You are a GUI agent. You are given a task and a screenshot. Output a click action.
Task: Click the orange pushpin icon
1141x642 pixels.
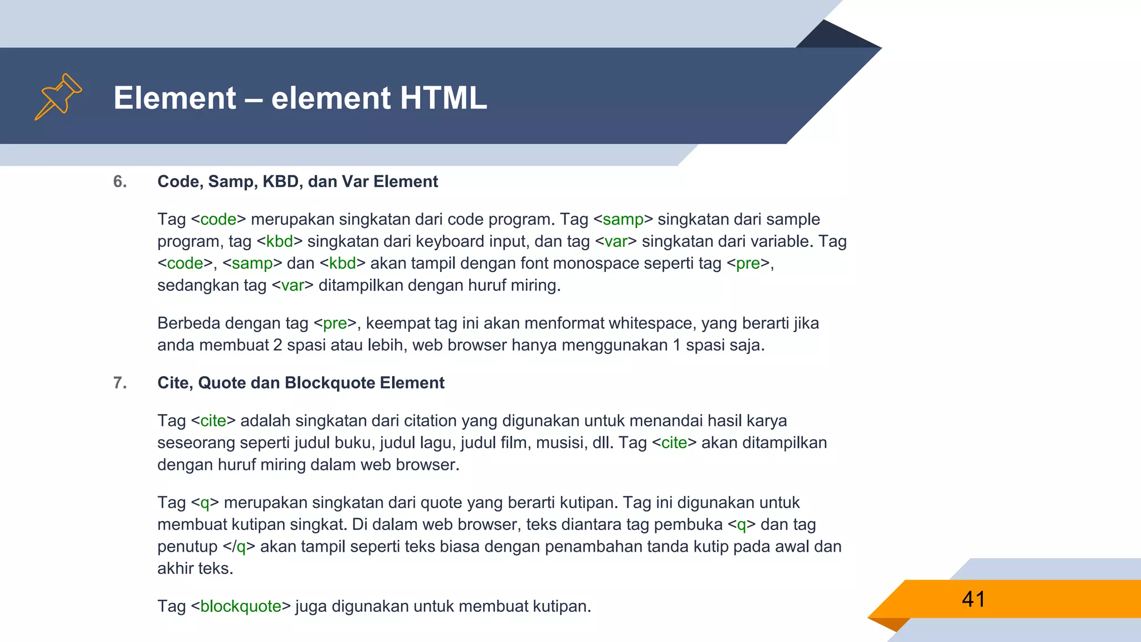tap(58, 96)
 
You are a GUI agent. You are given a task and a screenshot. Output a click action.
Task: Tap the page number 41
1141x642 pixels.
tap(973, 600)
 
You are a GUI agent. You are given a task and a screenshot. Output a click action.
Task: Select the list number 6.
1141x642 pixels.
tap(120, 182)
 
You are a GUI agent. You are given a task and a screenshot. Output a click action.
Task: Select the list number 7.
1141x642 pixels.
tap(120, 383)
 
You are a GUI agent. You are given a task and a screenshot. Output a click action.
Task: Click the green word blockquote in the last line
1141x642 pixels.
tap(241, 606)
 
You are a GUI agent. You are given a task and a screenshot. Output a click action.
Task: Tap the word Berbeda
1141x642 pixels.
tap(189, 323)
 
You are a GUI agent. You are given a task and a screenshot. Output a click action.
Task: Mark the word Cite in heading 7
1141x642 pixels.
tap(173, 383)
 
